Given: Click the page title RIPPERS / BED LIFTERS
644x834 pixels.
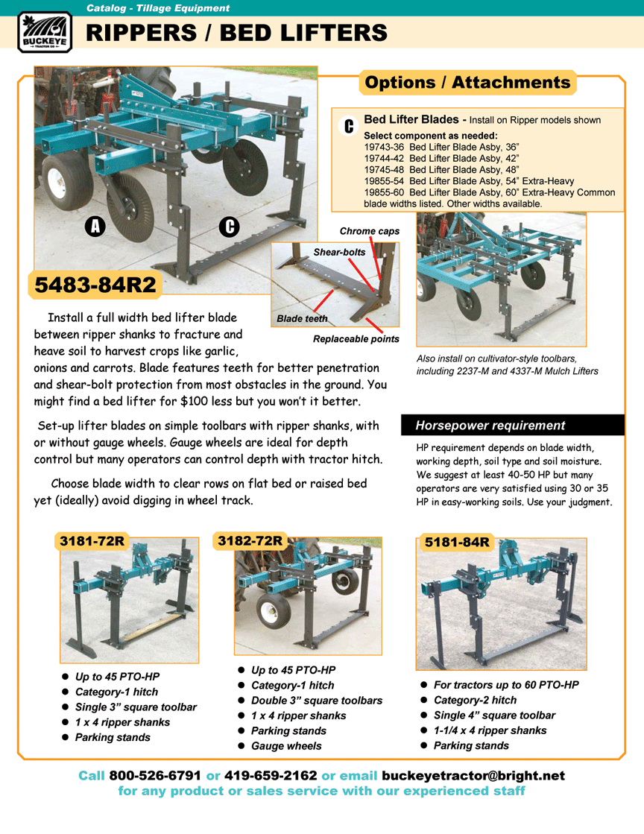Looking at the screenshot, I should point(237,33).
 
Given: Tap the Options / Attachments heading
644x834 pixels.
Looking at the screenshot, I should point(467,82).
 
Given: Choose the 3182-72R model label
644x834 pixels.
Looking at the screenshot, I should point(250,540).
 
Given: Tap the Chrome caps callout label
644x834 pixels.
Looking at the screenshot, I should point(369,231).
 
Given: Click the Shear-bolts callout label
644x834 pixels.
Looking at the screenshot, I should point(339,252).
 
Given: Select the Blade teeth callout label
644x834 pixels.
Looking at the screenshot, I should point(302,318).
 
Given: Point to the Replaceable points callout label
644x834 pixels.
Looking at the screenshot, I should point(356,339).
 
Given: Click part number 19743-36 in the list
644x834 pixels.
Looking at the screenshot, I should point(384,147).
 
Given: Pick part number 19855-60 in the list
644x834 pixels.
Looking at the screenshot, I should point(384,192).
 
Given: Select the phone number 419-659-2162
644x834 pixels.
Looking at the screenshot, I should point(271,775).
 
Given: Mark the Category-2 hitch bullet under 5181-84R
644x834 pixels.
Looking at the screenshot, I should point(475,700).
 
